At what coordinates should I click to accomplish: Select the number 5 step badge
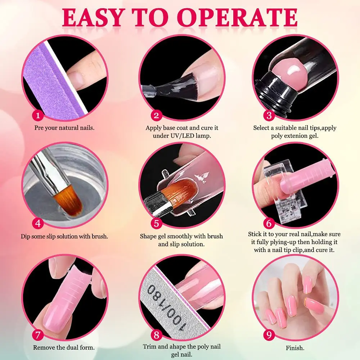(x=156, y=223)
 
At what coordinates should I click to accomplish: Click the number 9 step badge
(x=268, y=335)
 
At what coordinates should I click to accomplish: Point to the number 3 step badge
(x=269, y=116)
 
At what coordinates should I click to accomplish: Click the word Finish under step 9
(x=295, y=348)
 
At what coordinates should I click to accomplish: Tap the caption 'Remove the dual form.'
(x=64, y=348)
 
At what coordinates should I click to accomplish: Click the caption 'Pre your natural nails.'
(x=64, y=128)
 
